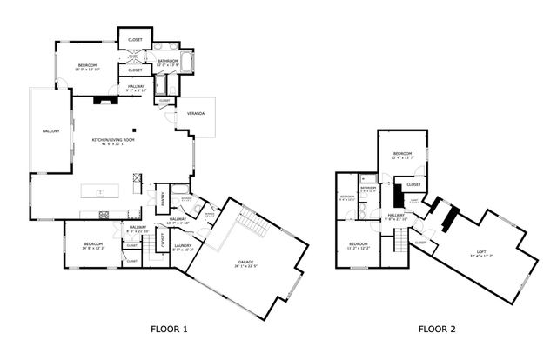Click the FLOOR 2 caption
tap(435, 329)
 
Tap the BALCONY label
tap(50, 130)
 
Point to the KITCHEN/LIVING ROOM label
tap(114, 141)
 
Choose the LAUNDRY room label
tap(183, 247)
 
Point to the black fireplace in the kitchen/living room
tap(105, 99)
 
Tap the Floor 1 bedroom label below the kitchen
tap(94, 245)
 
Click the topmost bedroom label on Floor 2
tap(401, 155)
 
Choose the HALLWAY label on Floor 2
tap(396, 216)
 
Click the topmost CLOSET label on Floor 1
tap(136, 40)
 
